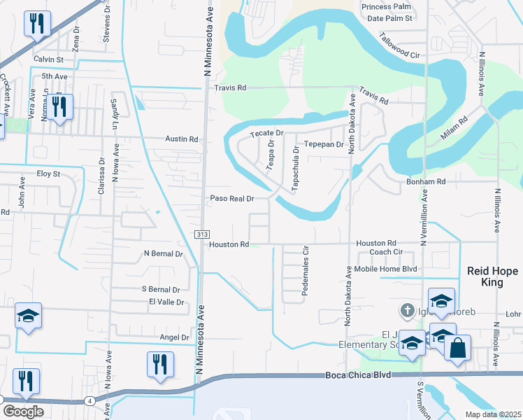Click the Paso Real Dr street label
point(231,199)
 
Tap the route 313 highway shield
point(201,234)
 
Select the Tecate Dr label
point(266,133)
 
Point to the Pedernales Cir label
point(305,270)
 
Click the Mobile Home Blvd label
point(385,269)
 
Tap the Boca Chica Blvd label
point(357,376)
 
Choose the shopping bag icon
point(457,349)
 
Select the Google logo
point(24,412)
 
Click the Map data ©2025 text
point(492,414)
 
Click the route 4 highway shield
point(90,400)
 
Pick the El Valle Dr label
point(166,302)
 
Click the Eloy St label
point(48,173)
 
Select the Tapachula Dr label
point(296,164)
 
